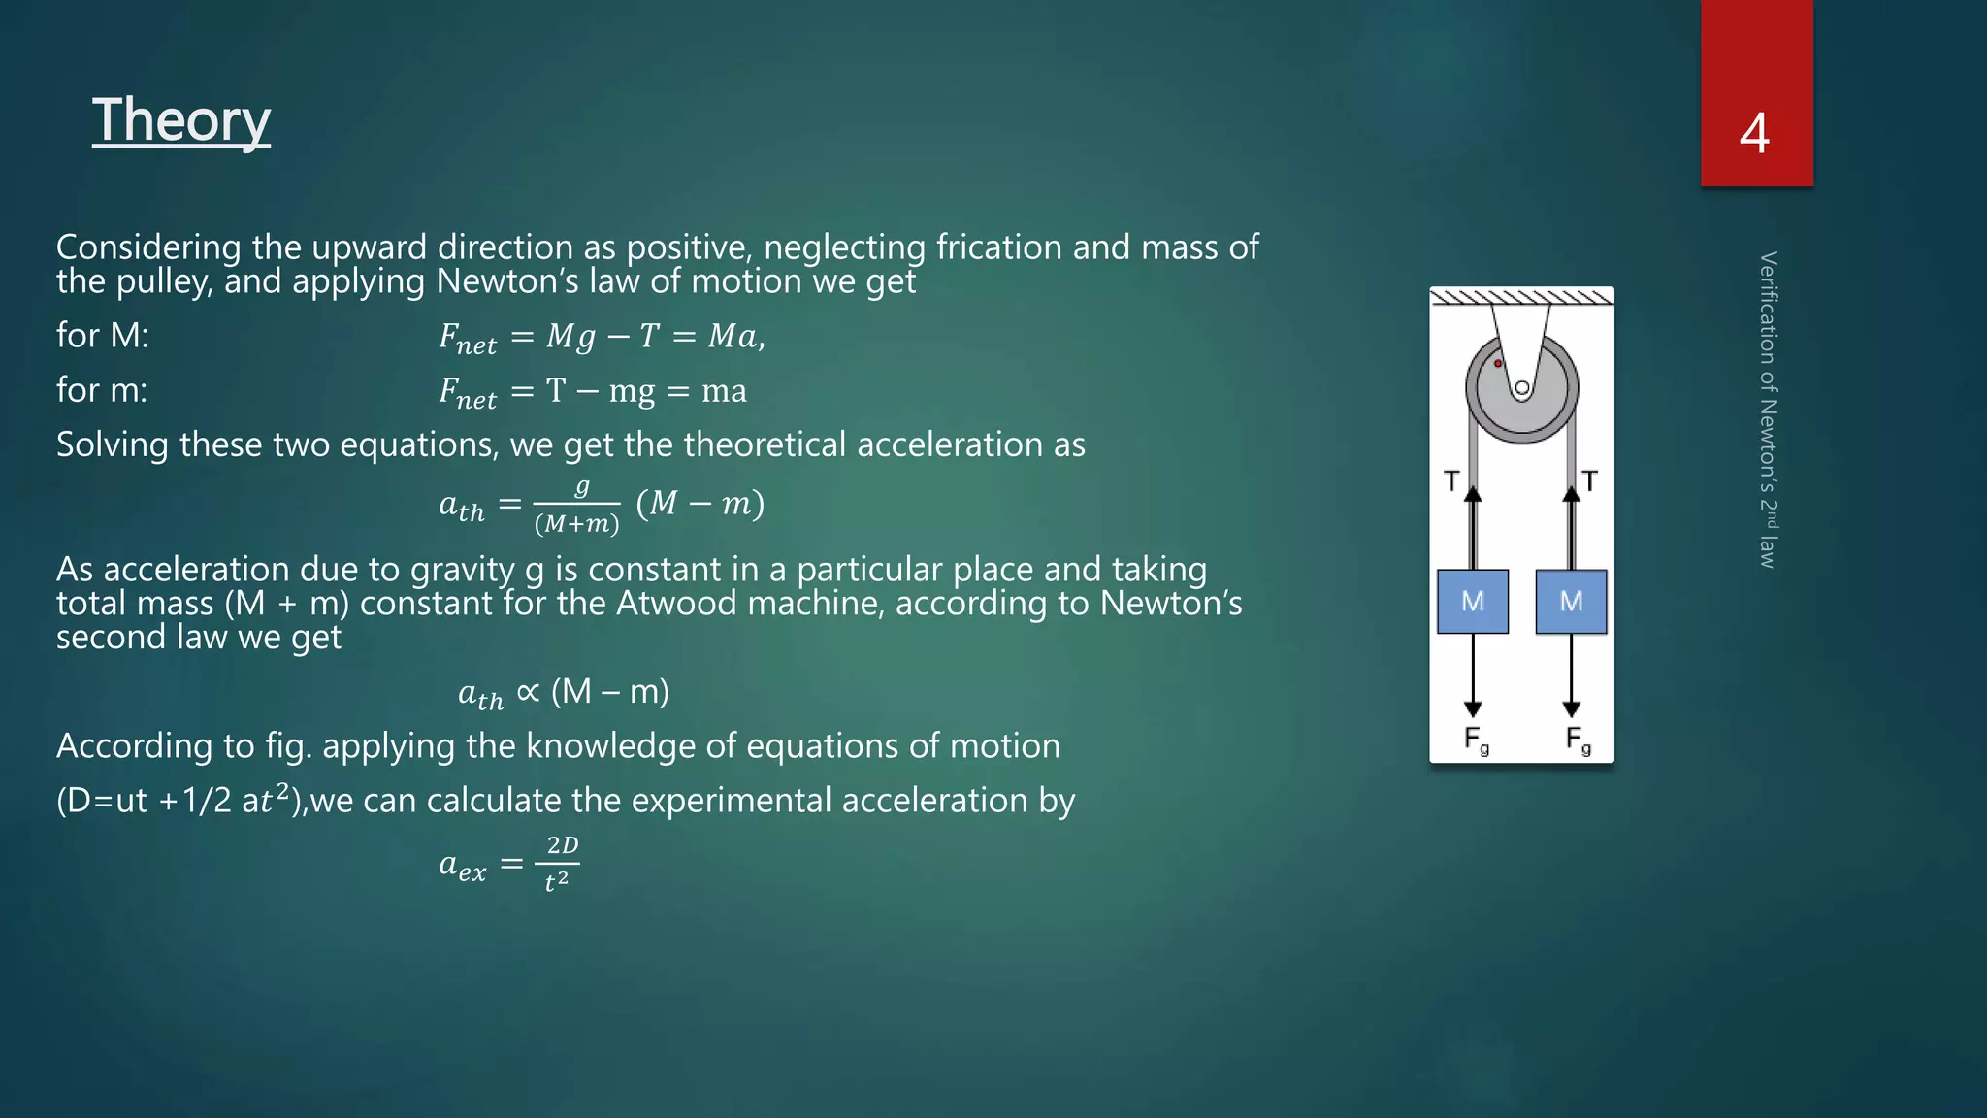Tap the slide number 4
1754,134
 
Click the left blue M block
1473,602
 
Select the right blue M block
1571,602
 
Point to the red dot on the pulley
1498,364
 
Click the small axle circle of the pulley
1522,389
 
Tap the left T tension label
1451,481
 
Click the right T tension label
1589,481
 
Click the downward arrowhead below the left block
1473,708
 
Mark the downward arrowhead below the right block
1572,708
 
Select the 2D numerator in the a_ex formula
562,845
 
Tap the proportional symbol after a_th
528,692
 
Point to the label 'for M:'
102,336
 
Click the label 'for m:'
102,390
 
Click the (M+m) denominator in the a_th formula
576,524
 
